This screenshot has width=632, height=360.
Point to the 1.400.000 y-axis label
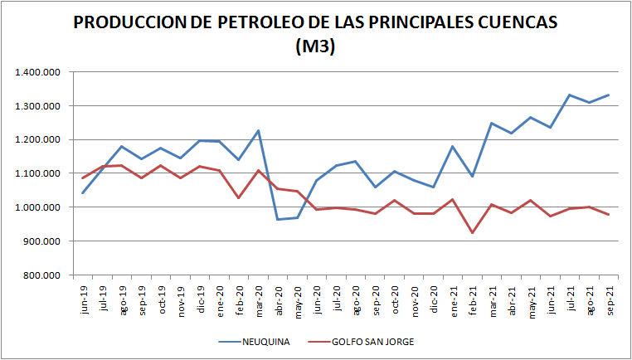[x=38, y=72]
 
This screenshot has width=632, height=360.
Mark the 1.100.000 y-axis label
[x=38, y=173]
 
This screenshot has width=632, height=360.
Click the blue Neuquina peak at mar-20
[x=258, y=130]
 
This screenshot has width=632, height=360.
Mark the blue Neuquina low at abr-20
[x=278, y=219]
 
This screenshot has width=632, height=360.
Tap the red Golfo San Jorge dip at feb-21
[x=473, y=233]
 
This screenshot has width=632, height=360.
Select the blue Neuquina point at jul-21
[x=570, y=95]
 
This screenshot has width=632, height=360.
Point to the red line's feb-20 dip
[x=238, y=197]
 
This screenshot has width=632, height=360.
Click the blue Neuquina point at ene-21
[x=453, y=146]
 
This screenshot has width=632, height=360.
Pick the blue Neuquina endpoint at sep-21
[x=609, y=95]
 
